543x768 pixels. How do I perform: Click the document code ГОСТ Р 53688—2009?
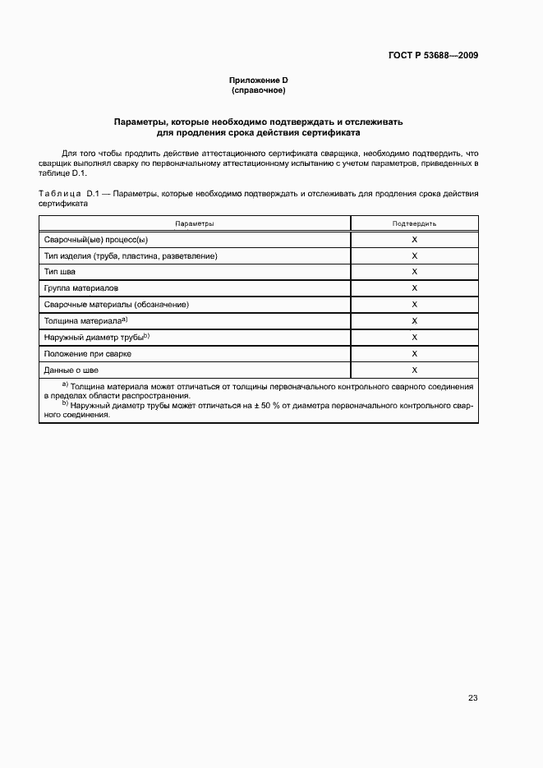(433, 56)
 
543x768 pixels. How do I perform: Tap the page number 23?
(472, 698)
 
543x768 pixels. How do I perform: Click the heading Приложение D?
(258, 80)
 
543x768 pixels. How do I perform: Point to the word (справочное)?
(258, 90)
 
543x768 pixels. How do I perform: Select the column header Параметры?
(195, 223)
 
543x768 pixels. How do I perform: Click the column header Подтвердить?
(414, 223)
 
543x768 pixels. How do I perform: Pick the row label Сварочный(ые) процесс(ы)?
(96, 240)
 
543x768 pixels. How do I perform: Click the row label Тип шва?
(59, 272)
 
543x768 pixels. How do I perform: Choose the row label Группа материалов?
(81, 288)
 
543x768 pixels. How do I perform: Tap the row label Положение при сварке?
(87, 353)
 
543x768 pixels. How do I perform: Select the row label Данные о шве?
(71, 370)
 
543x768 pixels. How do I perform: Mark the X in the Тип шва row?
(414, 272)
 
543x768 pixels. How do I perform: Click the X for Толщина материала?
(414, 321)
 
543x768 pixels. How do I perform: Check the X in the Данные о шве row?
(414, 370)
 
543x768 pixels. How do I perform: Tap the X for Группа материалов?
(414, 288)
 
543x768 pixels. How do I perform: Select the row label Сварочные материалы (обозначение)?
(117, 305)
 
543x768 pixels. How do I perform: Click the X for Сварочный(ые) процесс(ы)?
(414, 240)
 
